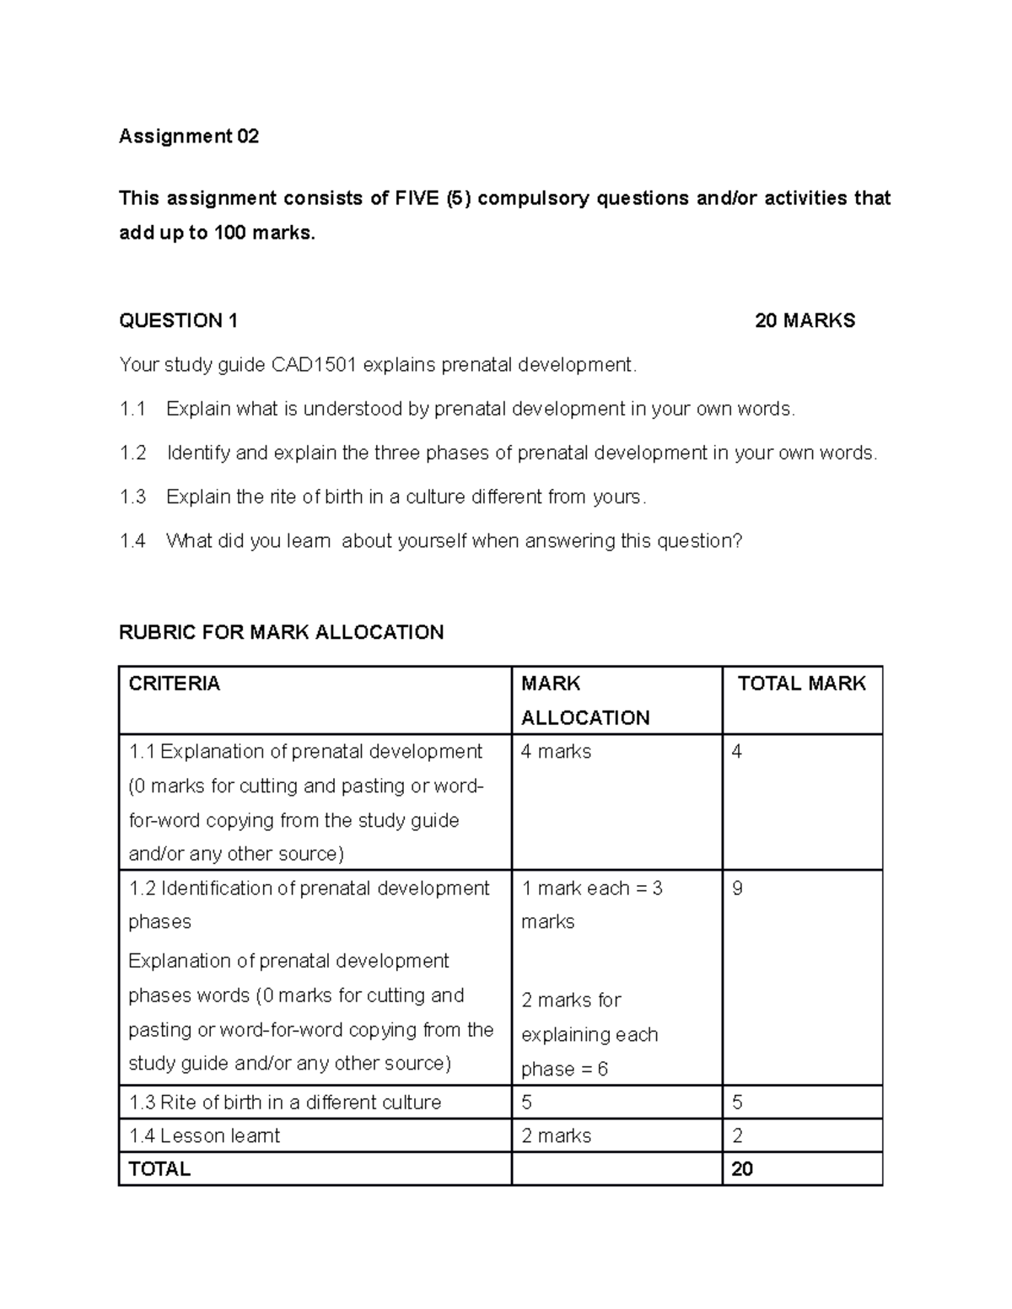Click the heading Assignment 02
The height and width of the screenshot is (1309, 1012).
(x=189, y=136)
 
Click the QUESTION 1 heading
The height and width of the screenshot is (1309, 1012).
(x=178, y=320)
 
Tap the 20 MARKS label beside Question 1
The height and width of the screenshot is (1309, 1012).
(x=805, y=320)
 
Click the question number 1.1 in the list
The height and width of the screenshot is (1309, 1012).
(x=132, y=409)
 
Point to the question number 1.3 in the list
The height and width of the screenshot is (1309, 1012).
(x=132, y=496)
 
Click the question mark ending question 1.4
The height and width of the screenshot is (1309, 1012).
(x=738, y=540)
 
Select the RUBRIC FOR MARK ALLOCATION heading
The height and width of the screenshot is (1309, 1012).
(x=281, y=632)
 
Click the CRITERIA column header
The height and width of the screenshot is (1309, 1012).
(x=175, y=684)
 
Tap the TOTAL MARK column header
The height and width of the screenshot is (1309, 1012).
(x=801, y=684)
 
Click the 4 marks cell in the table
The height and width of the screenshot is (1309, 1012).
(x=556, y=751)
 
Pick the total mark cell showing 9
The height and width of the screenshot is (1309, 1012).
(x=738, y=888)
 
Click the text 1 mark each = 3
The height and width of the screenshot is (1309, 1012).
(x=592, y=888)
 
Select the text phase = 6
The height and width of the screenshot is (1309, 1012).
(x=564, y=1069)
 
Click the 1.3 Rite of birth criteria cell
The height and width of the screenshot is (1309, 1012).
(x=285, y=1102)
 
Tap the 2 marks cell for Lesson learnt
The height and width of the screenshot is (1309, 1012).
(x=556, y=1135)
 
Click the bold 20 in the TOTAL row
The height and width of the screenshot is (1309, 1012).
(x=742, y=1169)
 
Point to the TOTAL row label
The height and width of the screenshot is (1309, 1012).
(x=159, y=1169)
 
